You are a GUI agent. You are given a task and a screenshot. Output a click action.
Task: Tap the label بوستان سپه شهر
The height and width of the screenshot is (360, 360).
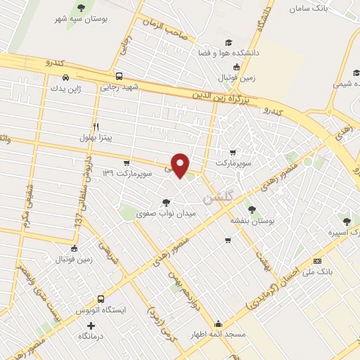click(x=81, y=19)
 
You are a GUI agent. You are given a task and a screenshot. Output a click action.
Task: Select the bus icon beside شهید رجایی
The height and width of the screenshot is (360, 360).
click(x=119, y=76)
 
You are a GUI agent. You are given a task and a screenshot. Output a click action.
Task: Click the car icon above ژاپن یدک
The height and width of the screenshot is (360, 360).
click(x=65, y=77)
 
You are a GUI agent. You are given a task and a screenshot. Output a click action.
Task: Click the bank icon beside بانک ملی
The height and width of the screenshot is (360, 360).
click(x=317, y=261)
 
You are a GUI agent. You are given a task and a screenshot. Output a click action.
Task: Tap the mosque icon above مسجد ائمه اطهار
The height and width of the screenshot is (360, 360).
click(x=219, y=324)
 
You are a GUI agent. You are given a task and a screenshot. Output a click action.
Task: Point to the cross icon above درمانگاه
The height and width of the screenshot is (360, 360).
click(x=90, y=326)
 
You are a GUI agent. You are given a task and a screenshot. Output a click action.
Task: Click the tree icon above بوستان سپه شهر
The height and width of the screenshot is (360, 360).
click(x=81, y=8)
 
